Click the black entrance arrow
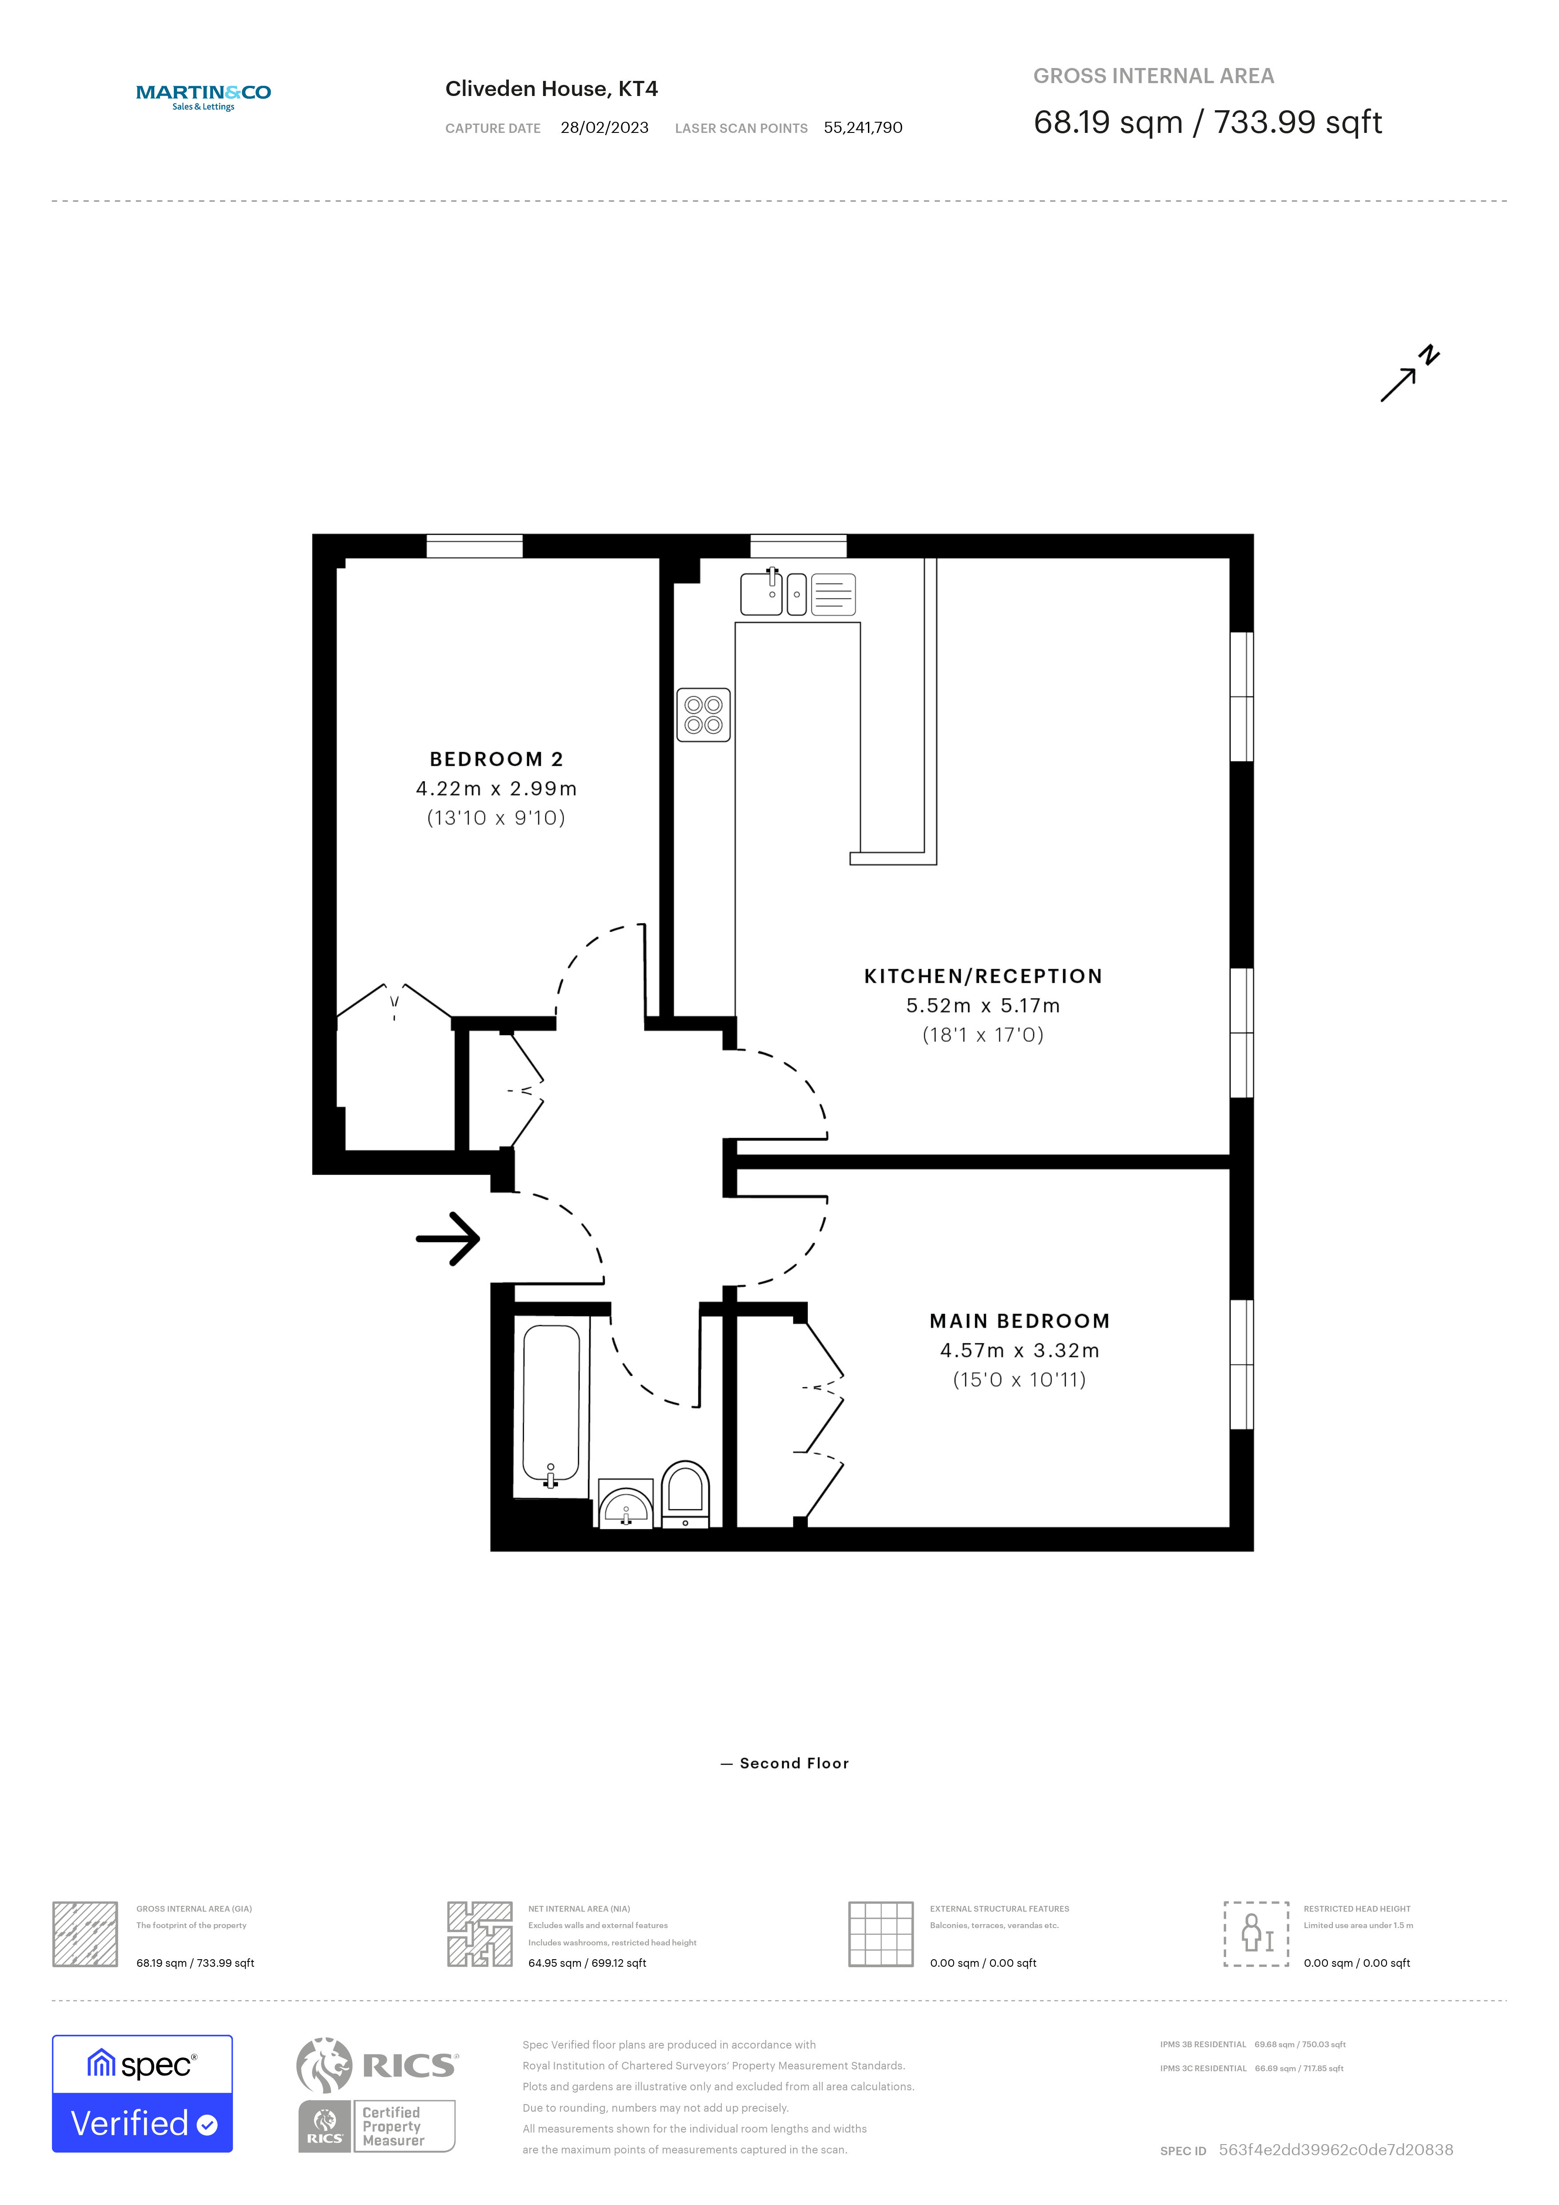[x=448, y=1239]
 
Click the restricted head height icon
[x=1255, y=1933]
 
